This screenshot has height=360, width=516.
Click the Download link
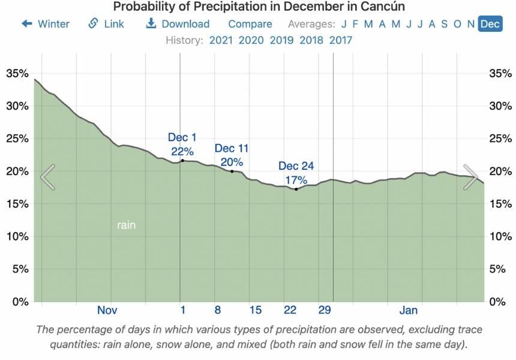[x=178, y=24]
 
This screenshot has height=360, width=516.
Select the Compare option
[x=250, y=24]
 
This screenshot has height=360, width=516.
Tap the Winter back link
[x=46, y=24]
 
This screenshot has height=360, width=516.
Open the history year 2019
[x=281, y=40]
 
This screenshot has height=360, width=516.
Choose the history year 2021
[x=221, y=40]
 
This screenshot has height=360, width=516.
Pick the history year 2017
[x=340, y=40]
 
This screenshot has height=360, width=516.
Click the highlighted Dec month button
[x=490, y=24]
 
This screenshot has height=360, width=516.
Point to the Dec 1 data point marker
[x=182, y=160]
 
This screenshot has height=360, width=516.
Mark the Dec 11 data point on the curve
[x=232, y=171]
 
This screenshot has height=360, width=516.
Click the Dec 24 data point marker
[x=296, y=189]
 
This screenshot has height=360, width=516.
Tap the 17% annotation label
[x=296, y=179]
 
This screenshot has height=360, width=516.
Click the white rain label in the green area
[x=126, y=226]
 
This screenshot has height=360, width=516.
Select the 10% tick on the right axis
[x=501, y=236]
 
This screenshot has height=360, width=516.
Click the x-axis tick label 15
[x=256, y=310]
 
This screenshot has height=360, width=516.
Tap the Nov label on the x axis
[x=107, y=310]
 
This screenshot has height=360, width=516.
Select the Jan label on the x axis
[x=408, y=310]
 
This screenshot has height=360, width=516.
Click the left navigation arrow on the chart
[x=48, y=177]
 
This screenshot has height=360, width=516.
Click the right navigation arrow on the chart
[x=470, y=177]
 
